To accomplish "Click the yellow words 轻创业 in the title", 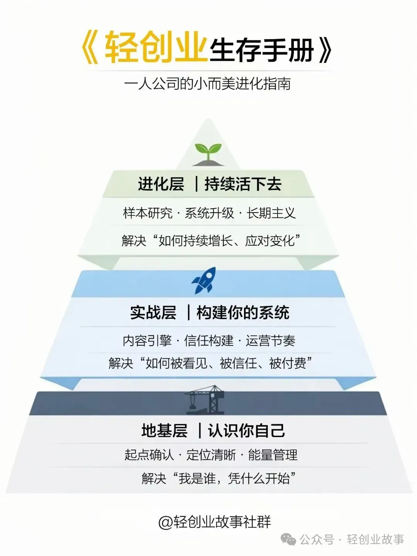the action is click(x=154, y=48).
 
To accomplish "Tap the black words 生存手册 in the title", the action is click(x=262, y=50).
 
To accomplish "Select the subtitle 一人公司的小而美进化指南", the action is click(x=208, y=84).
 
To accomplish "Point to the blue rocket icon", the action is click(x=204, y=280).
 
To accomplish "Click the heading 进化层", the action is click(x=161, y=184).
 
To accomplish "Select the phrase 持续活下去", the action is click(x=243, y=184).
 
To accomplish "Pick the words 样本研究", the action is click(x=148, y=213).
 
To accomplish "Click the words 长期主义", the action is click(x=271, y=213).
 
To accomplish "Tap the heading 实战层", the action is click(x=153, y=312).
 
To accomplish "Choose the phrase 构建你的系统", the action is click(x=243, y=312).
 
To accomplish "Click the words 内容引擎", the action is click(x=147, y=340).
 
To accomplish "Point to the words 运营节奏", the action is click(x=271, y=340).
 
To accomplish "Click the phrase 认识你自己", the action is click(x=246, y=430).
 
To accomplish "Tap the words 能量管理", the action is click(x=273, y=455).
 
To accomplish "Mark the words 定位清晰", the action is click(x=211, y=455).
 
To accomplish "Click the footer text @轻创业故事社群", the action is click(x=215, y=522).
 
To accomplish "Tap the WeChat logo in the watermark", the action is click(x=288, y=539).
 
